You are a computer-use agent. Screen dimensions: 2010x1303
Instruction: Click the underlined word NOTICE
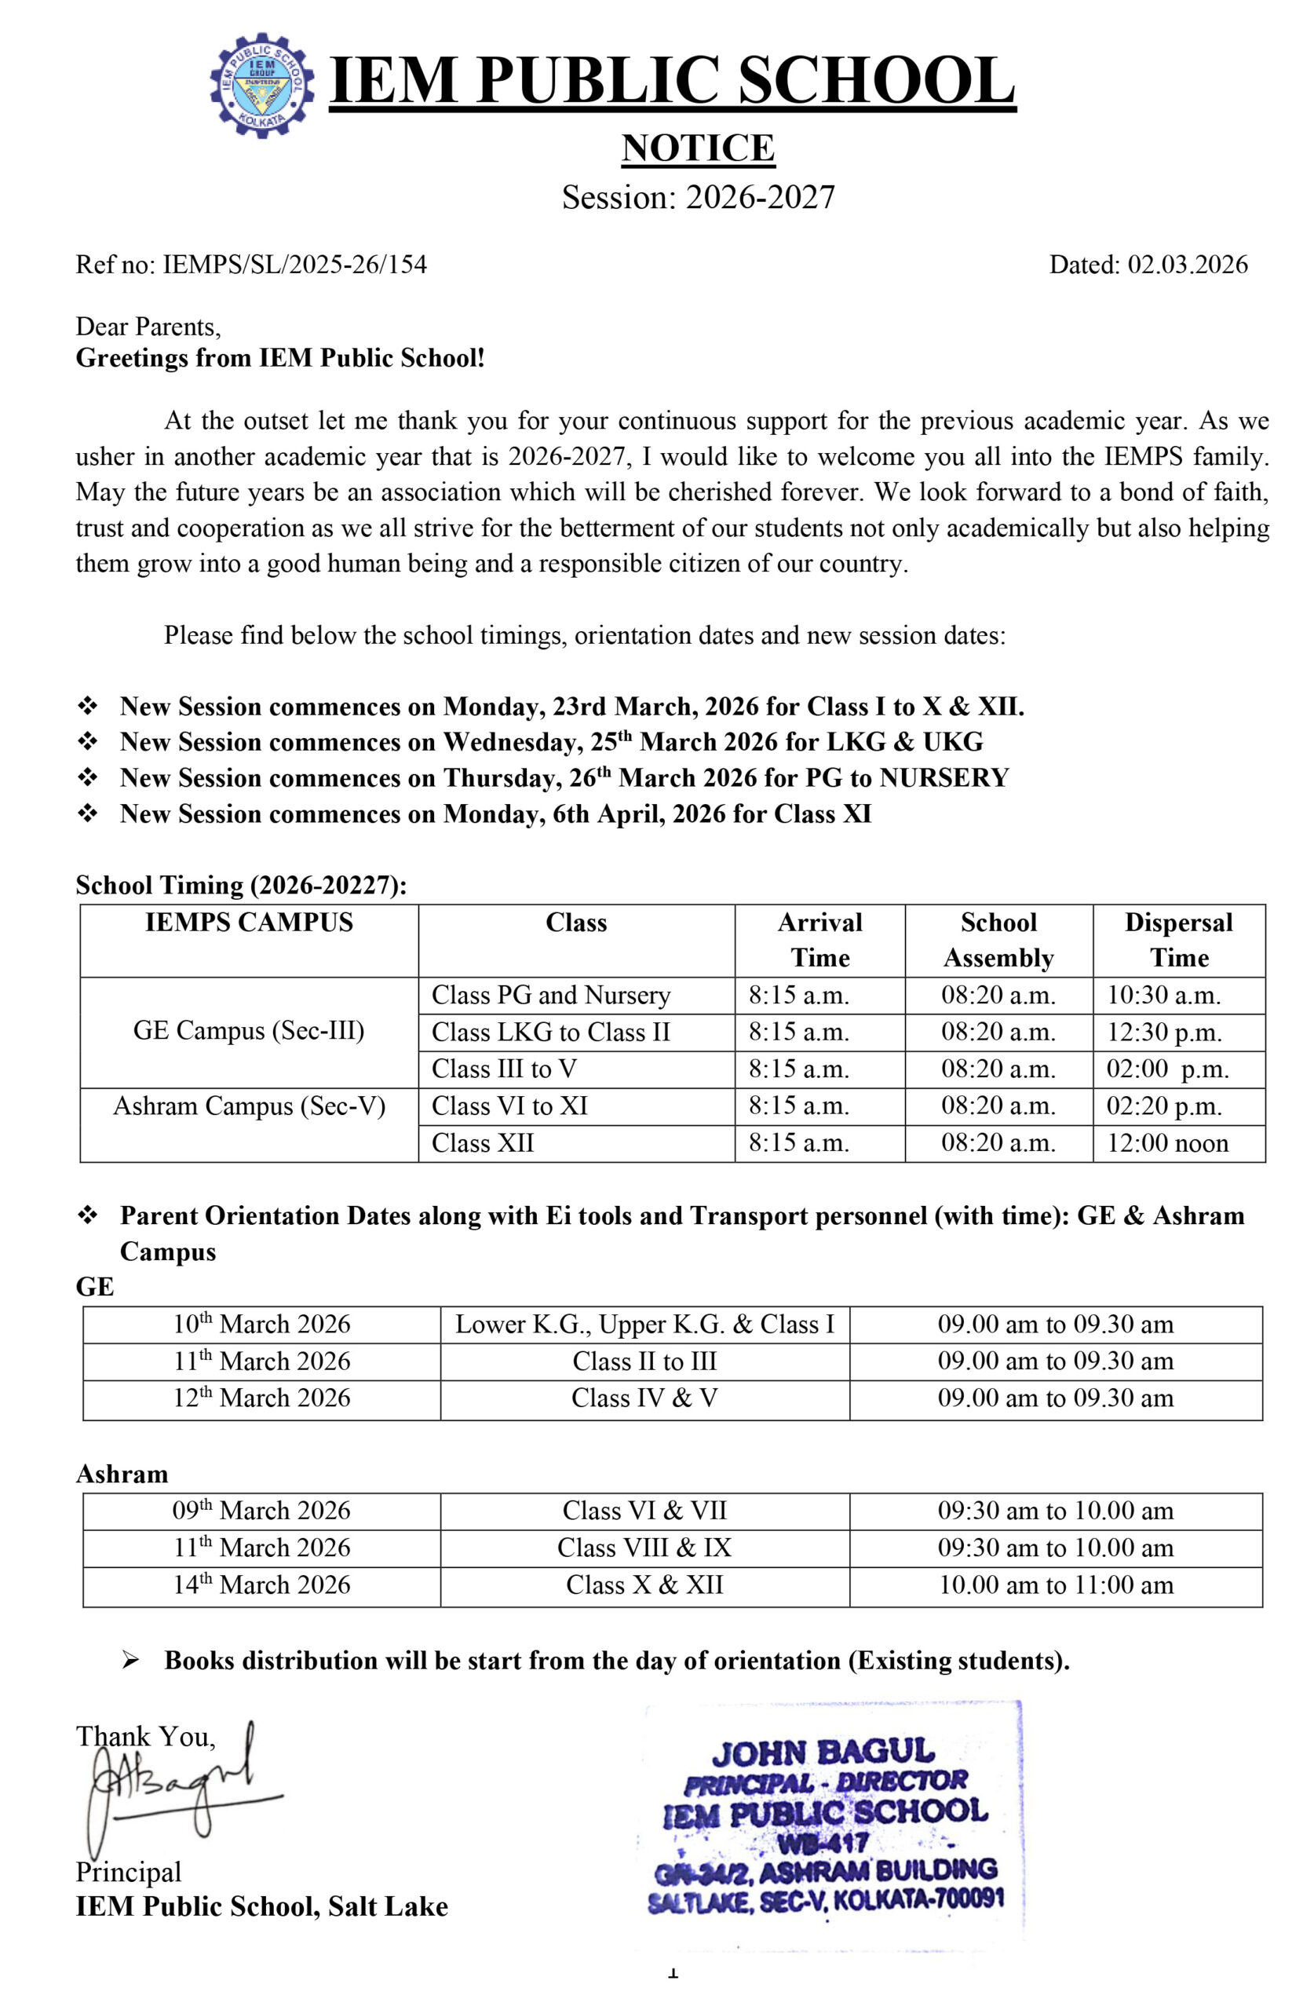(698, 148)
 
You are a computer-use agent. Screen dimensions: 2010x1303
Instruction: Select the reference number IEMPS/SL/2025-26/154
(294, 265)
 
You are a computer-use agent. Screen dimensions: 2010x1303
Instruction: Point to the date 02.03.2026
(1188, 265)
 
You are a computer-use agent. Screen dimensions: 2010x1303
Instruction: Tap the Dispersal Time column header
(1178, 939)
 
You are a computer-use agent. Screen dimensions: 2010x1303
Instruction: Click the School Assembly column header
(998, 939)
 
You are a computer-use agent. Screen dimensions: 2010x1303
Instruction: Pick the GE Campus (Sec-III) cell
(248, 1030)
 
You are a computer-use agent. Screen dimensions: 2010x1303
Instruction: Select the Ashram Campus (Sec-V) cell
(249, 1105)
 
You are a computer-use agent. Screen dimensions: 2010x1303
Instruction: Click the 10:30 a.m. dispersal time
(1163, 995)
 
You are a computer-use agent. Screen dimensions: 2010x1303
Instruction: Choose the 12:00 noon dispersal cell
(1167, 1142)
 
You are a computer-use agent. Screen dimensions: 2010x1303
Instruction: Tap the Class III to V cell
(504, 1069)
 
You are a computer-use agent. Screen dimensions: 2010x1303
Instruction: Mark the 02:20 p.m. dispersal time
(1163, 1105)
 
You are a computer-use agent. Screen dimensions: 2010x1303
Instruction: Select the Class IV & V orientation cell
(644, 1398)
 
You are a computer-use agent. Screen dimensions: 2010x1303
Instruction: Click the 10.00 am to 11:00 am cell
(1056, 1584)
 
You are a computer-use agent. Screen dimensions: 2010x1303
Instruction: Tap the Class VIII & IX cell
(644, 1548)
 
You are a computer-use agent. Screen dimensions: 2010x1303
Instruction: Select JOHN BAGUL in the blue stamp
(823, 1754)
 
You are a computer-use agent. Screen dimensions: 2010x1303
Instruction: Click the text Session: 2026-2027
(699, 197)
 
